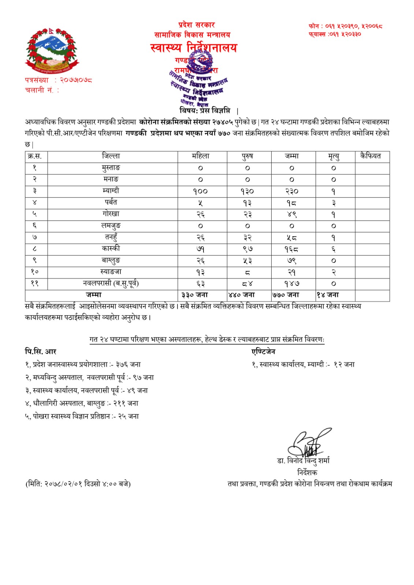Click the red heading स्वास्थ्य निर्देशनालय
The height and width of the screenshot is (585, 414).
point(194,48)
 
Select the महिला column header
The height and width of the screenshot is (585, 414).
point(201,156)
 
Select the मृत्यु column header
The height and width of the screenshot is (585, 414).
point(333,156)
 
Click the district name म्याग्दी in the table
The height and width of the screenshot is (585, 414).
point(111,190)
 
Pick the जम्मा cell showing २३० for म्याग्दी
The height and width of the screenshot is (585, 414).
point(292,191)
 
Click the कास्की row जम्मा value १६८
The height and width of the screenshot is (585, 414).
point(292,249)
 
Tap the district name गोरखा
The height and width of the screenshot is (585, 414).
point(111,214)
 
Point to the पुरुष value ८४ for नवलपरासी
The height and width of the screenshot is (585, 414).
point(247,283)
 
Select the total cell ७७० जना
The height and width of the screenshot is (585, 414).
point(286,295)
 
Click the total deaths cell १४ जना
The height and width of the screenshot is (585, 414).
point(328,295)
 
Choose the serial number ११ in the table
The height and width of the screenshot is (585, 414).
point(35,283)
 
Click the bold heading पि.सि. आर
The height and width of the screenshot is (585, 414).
point(40,352)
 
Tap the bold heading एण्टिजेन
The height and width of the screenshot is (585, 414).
point(263,352)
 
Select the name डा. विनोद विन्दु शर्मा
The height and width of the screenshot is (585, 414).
point(303,461)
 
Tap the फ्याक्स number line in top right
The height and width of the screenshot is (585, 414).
point(335,34)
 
